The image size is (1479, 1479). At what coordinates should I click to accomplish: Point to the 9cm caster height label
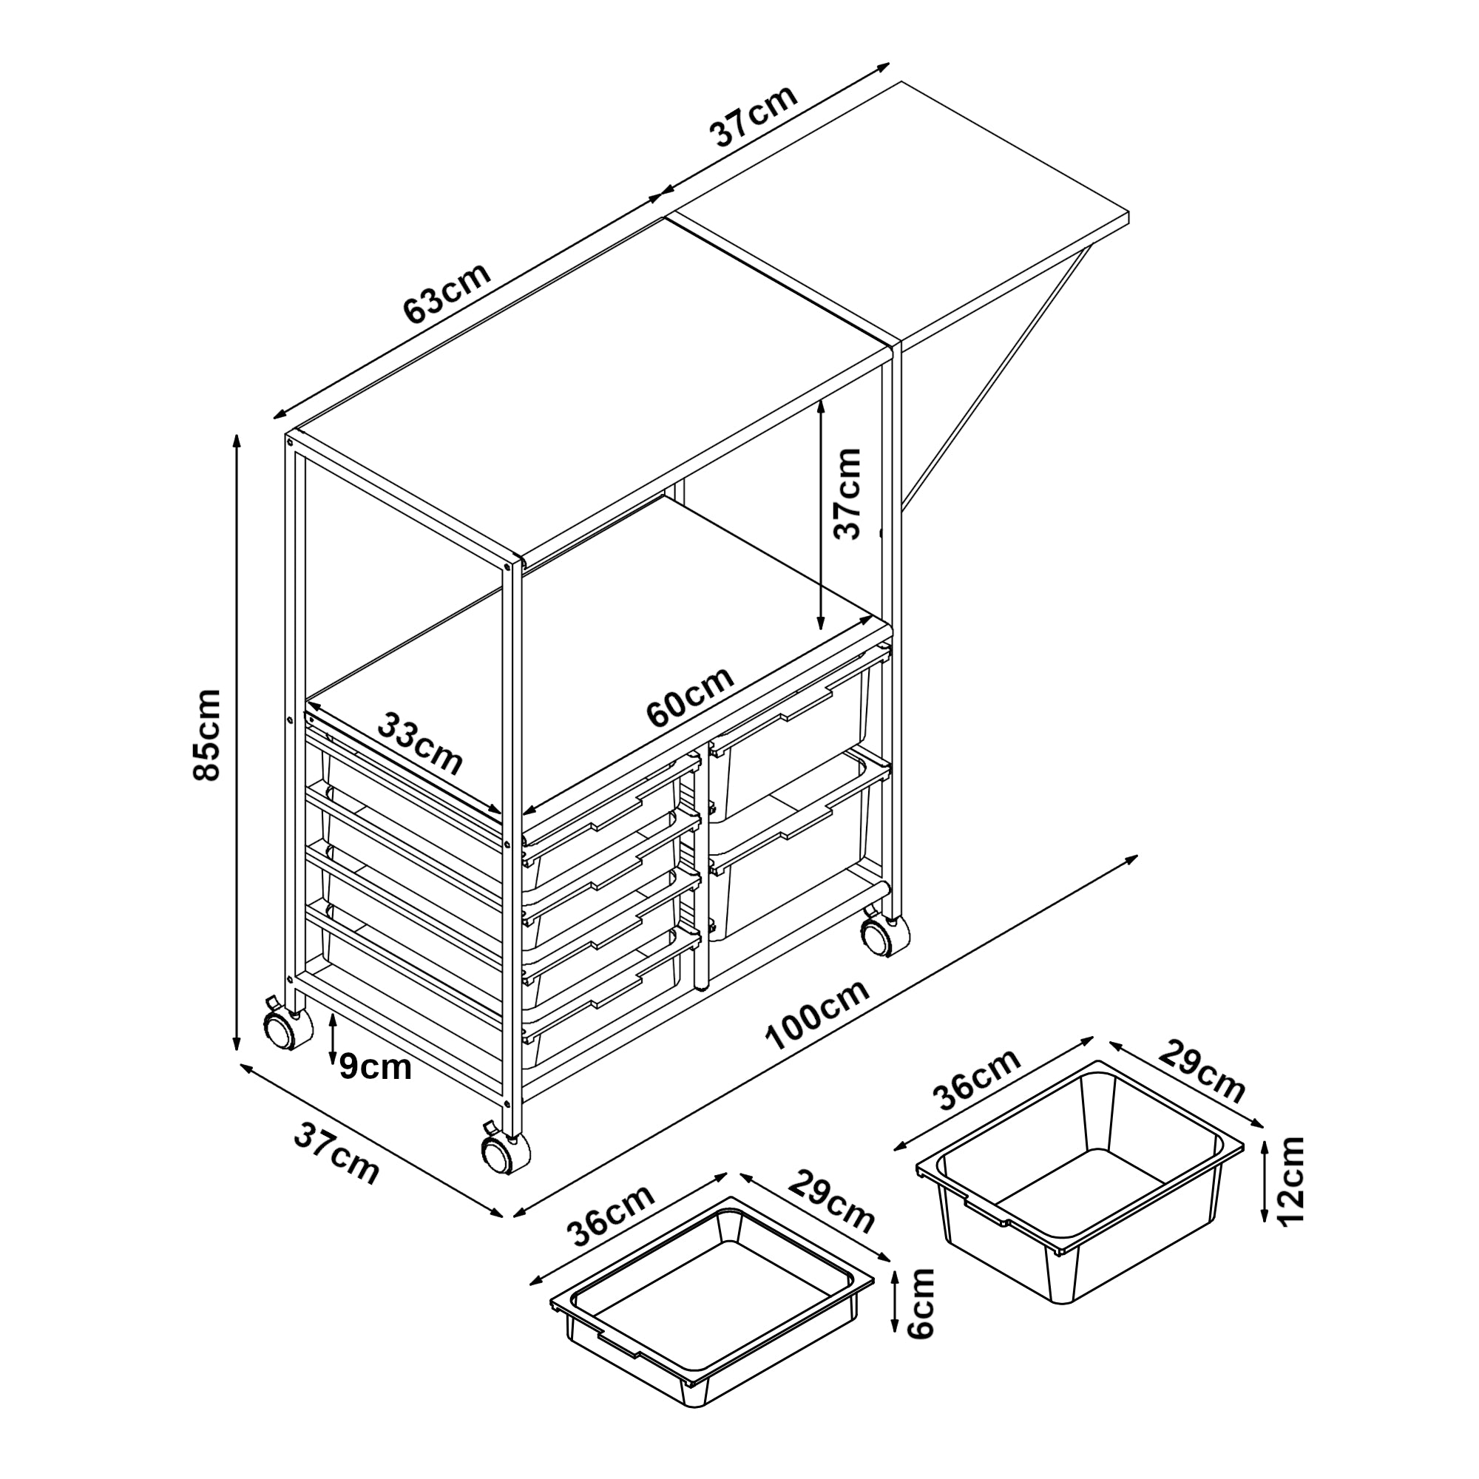[x=375, y=1066]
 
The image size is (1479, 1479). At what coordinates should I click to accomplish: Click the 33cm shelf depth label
[x=422, y=743]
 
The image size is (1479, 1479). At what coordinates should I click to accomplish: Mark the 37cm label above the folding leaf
[x=755, y=115]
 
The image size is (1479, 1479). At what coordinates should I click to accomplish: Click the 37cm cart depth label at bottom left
[x=336, y=1156]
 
